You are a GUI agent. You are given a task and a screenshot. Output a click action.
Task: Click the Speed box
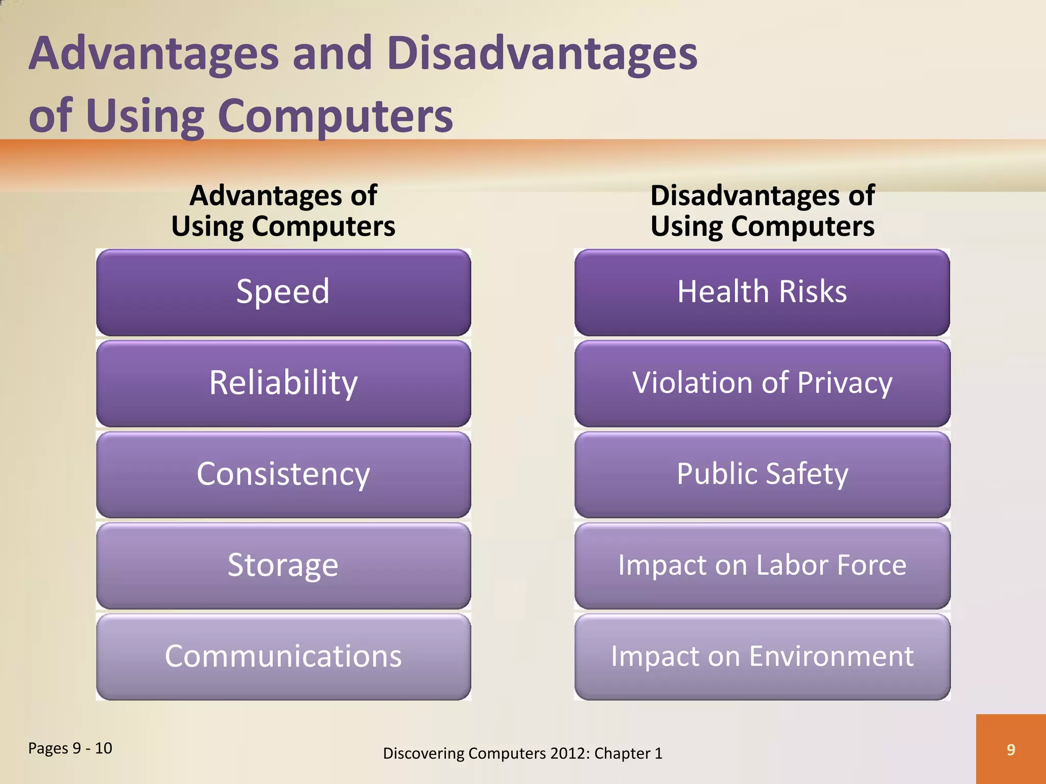[283, 292]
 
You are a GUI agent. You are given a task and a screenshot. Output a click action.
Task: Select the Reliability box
[283, 383]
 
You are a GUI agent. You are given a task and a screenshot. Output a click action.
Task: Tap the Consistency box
[283, 474]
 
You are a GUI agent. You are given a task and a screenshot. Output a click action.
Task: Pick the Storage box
[283, 566]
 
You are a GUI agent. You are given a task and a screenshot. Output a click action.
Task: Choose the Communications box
[283, 656]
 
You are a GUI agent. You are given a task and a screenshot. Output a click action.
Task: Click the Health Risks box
[762, 292]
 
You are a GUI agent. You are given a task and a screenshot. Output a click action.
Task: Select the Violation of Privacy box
[762, 383]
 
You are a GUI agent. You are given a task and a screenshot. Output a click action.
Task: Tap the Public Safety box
[762, 474]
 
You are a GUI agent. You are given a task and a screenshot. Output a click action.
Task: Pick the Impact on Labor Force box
[762, 566]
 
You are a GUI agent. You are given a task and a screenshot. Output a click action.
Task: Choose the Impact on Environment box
[762, 656]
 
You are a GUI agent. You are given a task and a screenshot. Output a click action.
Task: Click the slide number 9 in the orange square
[1011, 749]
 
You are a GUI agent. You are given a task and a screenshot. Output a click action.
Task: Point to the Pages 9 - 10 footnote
[70, 748]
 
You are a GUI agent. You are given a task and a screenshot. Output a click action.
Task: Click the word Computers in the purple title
[335, 116]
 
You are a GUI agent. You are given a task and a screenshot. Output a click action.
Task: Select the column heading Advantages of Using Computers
[283, 210]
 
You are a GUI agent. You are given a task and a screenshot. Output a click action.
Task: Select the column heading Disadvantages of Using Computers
[762, 210]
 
